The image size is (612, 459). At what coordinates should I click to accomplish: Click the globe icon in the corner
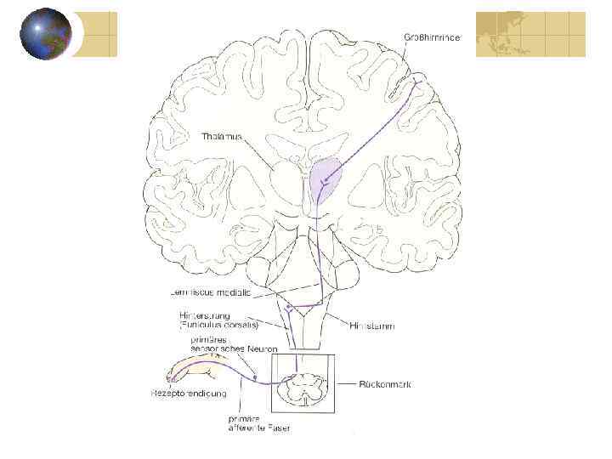46,34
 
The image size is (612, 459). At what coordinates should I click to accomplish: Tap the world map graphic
530,34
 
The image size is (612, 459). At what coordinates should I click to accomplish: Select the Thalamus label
222,135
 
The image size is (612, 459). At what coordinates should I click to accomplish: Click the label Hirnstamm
371,326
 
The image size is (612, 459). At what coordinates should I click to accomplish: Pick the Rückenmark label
388,384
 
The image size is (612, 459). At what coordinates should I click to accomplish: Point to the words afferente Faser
259,428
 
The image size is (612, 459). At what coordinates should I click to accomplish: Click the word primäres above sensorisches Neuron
208,339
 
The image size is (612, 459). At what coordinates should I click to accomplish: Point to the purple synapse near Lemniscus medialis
290,307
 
